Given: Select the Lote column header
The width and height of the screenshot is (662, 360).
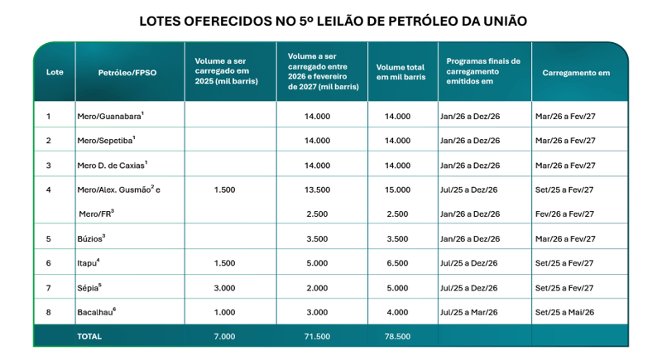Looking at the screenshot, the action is (x=55, y=72).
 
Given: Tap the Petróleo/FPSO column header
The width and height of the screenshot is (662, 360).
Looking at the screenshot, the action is (x=127, y=73).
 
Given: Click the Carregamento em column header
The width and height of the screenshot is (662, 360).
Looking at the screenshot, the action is (x=576, y=73).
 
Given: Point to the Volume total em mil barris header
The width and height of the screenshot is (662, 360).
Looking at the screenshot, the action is (x=401, y=72).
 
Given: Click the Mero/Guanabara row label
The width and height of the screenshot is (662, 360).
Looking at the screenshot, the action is (x=111, y=116).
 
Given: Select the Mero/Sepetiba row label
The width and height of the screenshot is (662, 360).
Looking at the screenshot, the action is (x=106, y=141).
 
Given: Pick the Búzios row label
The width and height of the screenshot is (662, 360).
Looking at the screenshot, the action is (x=91, y=238).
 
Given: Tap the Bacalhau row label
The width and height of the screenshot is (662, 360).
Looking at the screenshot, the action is (x=97, y=312).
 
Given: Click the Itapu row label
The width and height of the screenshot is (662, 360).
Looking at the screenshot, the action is (x=89, y=263).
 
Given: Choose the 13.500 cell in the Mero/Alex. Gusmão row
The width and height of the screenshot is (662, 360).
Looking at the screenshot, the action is (x=317, y=190).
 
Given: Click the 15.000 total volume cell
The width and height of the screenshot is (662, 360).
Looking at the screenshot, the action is (x=397, y=190).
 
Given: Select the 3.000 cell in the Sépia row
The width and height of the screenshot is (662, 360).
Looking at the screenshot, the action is (x=224, y=288).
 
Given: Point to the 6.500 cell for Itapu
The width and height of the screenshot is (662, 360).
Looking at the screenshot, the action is (x=397, y=263).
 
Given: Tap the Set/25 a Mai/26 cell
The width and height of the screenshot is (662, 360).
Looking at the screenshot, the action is (x=564, y=312).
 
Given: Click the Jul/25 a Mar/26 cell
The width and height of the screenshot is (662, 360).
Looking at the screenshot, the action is (x=468, y=312).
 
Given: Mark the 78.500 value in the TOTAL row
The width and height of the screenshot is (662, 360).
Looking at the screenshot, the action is (x=397, y=336).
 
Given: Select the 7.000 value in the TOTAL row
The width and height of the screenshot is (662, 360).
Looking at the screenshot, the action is (x=224, y=336).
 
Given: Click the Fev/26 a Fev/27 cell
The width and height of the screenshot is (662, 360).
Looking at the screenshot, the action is (x=564, y=214).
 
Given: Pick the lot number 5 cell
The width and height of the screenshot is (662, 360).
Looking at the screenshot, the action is (x=49, y=239).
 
